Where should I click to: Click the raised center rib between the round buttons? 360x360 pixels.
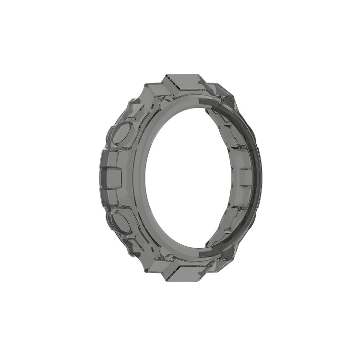111,178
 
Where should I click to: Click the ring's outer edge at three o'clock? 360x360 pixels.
261,179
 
